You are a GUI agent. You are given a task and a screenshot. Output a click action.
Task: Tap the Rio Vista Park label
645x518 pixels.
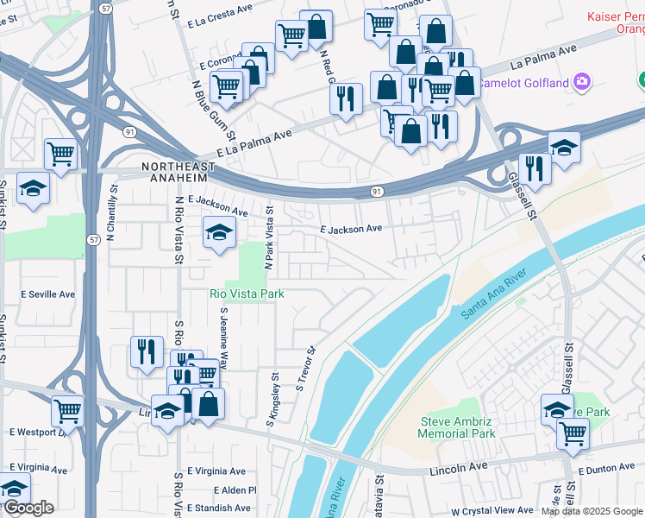pos(247,294)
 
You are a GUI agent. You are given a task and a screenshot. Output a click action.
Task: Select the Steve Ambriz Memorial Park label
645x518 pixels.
pos(457,427)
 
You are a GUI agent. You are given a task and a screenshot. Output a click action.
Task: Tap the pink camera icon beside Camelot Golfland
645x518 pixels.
pos(583,82)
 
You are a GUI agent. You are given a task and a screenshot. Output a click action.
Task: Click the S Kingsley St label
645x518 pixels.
pos(274,400)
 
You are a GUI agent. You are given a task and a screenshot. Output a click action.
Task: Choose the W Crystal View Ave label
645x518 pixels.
pos(492,511)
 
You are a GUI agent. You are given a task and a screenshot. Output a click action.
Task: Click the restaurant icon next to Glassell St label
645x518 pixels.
pos(535,169)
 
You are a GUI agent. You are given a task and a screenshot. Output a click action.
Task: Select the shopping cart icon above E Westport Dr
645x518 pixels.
pos(67,411)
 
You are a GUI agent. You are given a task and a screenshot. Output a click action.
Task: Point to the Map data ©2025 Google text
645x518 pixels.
pos(592,511)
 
